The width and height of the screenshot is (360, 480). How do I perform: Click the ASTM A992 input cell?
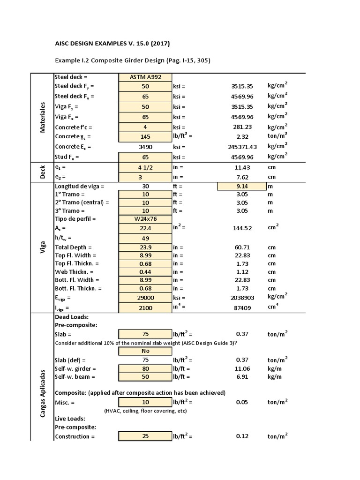click(145, 77)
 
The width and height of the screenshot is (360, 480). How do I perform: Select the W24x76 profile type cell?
click(145, 219)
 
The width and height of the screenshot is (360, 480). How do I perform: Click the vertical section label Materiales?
click(42, 117)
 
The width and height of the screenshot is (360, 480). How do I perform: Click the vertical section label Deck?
click(42, 172)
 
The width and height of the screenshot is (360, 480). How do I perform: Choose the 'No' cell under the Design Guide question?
click(145, 351)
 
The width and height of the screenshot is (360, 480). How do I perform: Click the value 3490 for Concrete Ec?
click(145, 147)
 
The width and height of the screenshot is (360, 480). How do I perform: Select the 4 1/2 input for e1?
click(145, 167)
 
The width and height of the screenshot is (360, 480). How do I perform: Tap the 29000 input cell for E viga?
click(145, 298)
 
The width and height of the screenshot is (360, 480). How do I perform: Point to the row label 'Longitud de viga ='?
click(80, 186)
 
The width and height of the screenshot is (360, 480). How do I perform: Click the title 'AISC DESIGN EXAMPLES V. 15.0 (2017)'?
click(112, 44)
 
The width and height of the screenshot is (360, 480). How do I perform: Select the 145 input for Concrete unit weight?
click(145, 136)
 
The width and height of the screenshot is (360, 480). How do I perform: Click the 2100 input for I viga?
click(145, 308)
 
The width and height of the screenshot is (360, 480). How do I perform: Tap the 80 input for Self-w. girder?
click(145, 369)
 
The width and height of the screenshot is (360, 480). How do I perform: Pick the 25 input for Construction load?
click(145, 436)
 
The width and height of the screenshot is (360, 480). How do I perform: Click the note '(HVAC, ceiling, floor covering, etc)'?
click(145, 411)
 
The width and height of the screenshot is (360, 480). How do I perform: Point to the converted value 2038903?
click(243, 298)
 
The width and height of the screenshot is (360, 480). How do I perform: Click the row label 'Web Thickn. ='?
click(75, 271)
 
